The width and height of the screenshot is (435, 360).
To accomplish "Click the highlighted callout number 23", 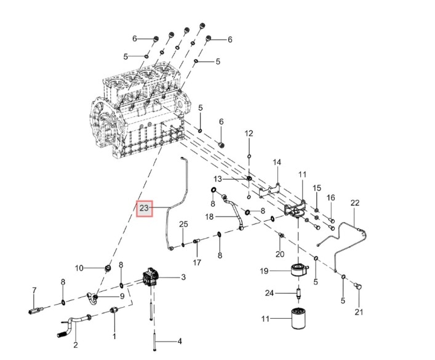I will point(144,209).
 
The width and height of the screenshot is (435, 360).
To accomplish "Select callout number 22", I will point(355,203).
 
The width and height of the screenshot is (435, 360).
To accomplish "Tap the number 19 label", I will point(263,271).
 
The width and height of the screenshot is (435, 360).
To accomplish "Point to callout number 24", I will point(268,293).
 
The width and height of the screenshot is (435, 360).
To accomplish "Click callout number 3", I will point(183,278).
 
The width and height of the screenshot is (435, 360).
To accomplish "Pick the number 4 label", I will point(180,341).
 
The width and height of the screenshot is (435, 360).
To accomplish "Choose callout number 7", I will point(34,290).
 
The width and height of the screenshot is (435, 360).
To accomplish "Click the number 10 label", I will point(79,268).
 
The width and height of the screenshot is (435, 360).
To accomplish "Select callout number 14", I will point(277,162).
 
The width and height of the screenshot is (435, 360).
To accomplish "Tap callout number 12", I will point(249,134).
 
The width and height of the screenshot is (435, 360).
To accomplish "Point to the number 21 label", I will point(359,312).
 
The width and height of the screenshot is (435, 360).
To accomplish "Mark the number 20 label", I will point(280,254).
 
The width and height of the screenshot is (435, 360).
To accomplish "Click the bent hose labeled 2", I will point(77,322).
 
